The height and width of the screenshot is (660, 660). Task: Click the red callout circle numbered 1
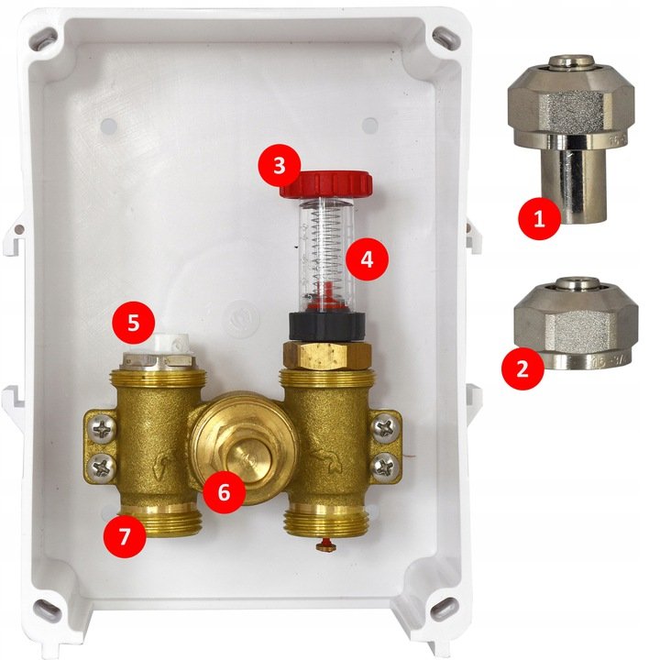(539, 219)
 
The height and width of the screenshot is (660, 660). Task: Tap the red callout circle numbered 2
(522, 368)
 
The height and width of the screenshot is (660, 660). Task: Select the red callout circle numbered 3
(279, 165)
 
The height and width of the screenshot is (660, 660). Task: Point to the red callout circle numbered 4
(367, 259)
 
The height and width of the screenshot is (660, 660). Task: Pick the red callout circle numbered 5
(134, 323)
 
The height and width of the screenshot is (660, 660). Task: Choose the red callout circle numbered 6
(224, 491)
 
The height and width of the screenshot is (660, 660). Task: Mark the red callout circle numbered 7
(125, 536)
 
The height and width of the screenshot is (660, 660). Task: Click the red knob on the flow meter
(326, 184)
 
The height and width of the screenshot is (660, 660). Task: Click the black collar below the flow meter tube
(326, 327)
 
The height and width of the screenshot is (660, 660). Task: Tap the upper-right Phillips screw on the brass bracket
(384, 428)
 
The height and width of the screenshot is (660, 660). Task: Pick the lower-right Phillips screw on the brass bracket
(383, 465)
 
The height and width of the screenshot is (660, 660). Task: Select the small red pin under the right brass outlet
(326, 544)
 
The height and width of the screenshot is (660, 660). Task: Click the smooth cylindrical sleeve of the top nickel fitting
(574, 181)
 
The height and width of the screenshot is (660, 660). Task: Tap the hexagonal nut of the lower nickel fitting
(577, 324)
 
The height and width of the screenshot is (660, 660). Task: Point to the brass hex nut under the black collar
(327, 355)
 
